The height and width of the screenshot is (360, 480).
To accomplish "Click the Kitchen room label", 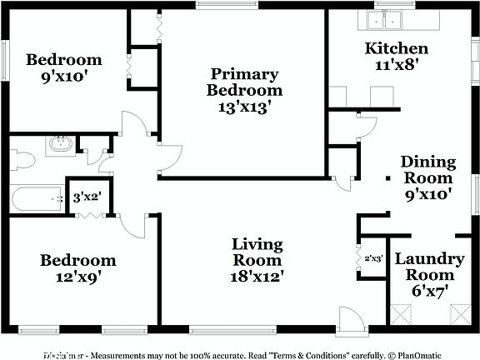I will (x=397, y=48).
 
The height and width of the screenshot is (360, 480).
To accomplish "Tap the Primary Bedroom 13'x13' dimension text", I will (x=244, y=107).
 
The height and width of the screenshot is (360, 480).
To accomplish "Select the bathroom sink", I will (x=59, y=145).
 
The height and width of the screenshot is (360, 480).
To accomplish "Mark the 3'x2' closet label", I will (x=87, y=197).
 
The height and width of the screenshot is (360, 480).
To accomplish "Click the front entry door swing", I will (x=351, y=318).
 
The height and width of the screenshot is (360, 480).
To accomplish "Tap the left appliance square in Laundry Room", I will (x=402, y=314).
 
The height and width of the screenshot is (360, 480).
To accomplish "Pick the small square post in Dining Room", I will (x=389, y=178).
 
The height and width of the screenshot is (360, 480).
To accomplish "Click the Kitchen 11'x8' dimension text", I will (x=397, y=64).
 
